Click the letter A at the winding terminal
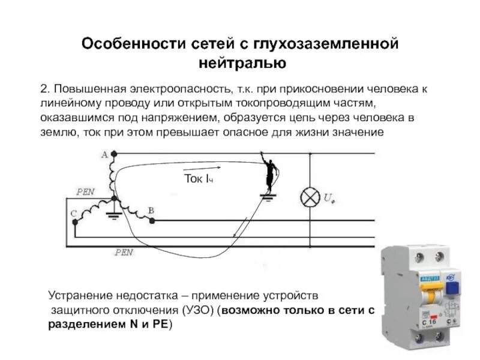tap(104, 154)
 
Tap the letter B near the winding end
tap(151, 210)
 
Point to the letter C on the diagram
tap(73, 213)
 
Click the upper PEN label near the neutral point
tap(85, 192)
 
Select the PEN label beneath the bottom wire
tap(124, 253)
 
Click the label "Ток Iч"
tap(198, 178)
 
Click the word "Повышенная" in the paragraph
tap(87, 89)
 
